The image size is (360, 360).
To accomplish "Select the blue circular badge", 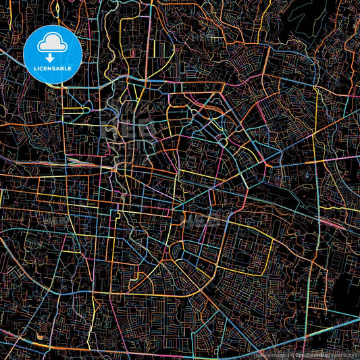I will click(53, 54).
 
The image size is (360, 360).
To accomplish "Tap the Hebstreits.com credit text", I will click(269, 354).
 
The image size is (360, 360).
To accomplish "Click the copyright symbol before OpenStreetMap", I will click(292, 354).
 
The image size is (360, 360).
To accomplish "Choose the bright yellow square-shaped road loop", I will click(161, 49).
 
